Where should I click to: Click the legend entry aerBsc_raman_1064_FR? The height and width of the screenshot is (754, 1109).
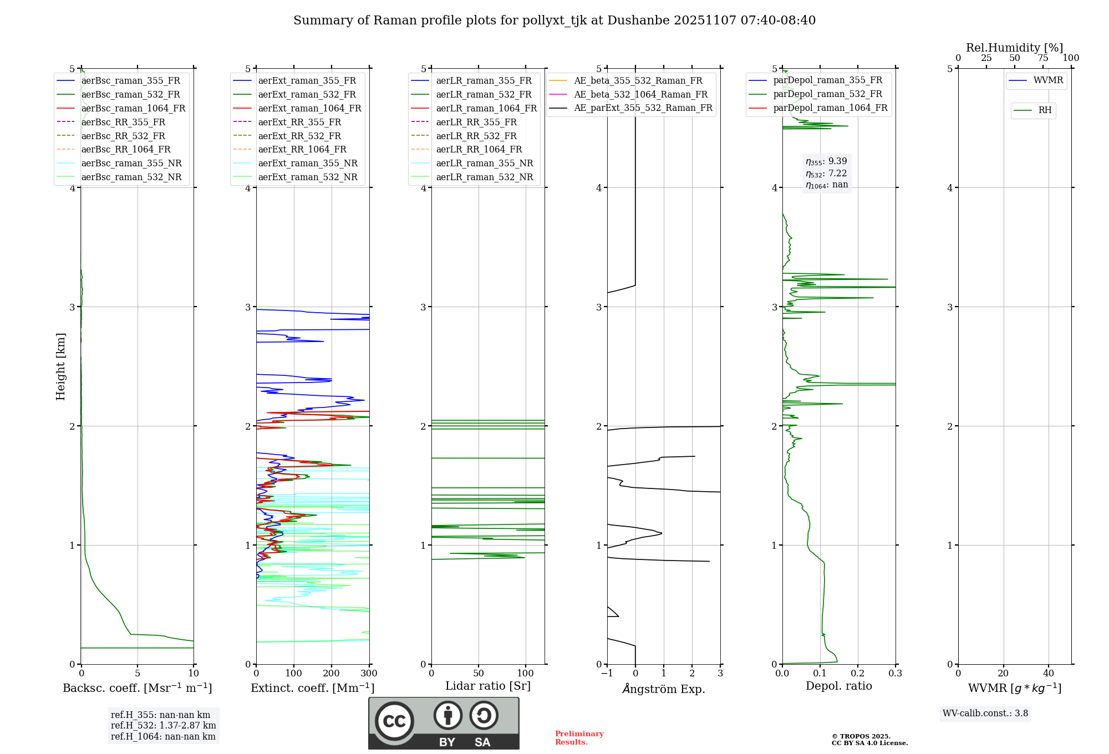pyautogui.click(x=133, y=108)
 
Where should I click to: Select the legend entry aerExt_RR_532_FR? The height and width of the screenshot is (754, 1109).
pyautogui.click(x=299, y=136)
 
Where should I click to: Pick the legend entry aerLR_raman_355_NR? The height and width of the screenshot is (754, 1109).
pyautogui.click(x=484, y=163)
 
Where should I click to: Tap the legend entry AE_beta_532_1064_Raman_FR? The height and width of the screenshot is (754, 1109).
pyautogui.click(x=640, y=94)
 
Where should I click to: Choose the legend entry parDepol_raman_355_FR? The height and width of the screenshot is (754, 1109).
pyautogui.click(x=827, y=80)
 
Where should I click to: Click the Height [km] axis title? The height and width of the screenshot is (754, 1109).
pyautogui.click(x=60, y=366)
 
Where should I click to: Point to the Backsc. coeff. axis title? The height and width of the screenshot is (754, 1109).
pyautogui.click(x=137, y=688)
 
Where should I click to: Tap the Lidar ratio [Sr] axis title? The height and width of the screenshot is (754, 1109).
pyautogui.click(x=488, y=686)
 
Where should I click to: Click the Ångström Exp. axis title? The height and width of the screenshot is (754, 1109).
pyautogui.click(x=664, y=689)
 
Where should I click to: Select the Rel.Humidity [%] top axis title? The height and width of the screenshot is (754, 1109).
pyautogui.click(x=1014, y=48)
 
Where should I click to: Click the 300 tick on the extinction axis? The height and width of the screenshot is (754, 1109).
pyautogui.click(x=369, y=674)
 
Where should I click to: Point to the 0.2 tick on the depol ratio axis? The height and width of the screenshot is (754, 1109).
pyautogui.click(x=858, y=674)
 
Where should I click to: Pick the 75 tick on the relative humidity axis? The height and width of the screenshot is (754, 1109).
pyautogui.click(x=1043, y=58)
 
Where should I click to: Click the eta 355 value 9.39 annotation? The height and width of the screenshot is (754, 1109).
pyautogui.click(x=826, y=161)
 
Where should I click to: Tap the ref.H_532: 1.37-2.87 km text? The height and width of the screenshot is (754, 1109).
pyautogui.click(x=163, y=725)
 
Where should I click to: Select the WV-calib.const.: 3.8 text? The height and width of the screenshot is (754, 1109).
pyautogui.click(x=985, y=714)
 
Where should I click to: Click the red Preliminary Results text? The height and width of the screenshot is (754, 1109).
pyautogui.click(x=579, y=738)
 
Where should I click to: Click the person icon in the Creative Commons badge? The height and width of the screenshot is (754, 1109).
pyautogui.click(x=447, y=715)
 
